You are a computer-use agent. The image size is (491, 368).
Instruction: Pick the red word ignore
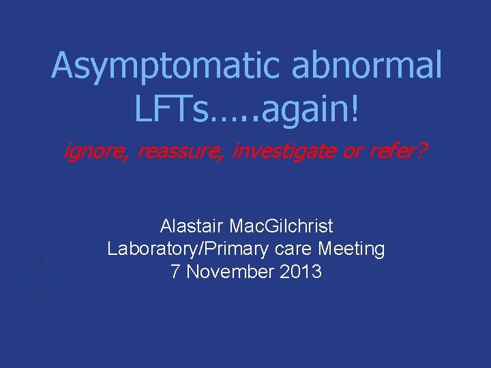click(x=95, y=152)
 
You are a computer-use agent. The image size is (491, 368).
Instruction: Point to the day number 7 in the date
click(x=176, y=272)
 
